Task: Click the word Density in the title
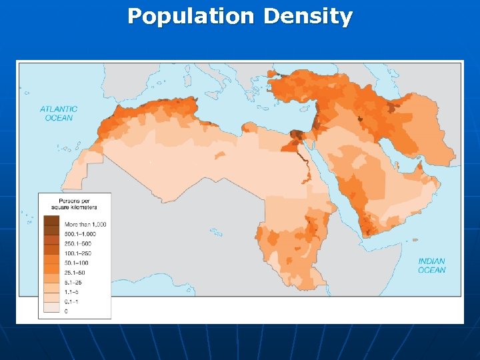pos(307,16)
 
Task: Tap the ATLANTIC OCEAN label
pos(59,113)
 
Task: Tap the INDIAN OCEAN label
pos(431,265)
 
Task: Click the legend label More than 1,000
pos(85,224)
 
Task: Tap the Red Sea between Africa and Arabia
pos(329,177)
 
